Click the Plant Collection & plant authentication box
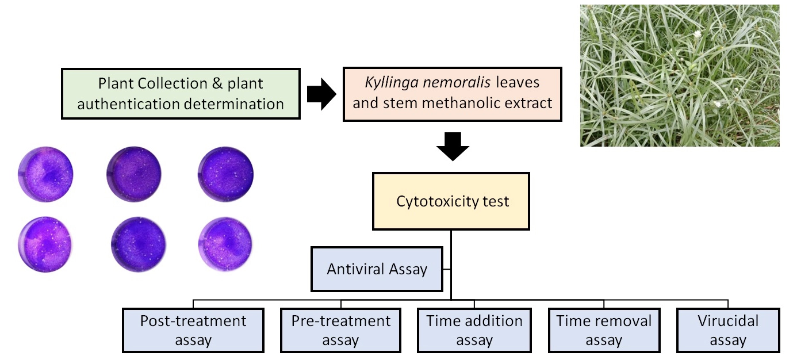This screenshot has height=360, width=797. [181, 93]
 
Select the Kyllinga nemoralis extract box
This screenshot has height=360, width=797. [452, 93]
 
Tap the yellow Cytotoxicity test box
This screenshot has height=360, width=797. [451, 201]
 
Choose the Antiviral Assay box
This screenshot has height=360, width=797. [377, 269]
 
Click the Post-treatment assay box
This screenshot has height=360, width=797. [193, 330]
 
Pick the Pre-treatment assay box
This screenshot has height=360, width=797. [340, 330]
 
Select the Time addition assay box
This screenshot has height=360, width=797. [474, 330]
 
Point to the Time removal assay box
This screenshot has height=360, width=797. [604, 330]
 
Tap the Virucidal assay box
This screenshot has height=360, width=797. [727, 330]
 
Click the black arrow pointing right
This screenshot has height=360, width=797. [321, 94]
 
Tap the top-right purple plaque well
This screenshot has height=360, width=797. [225, 173]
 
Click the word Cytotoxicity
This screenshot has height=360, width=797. [434, 202]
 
